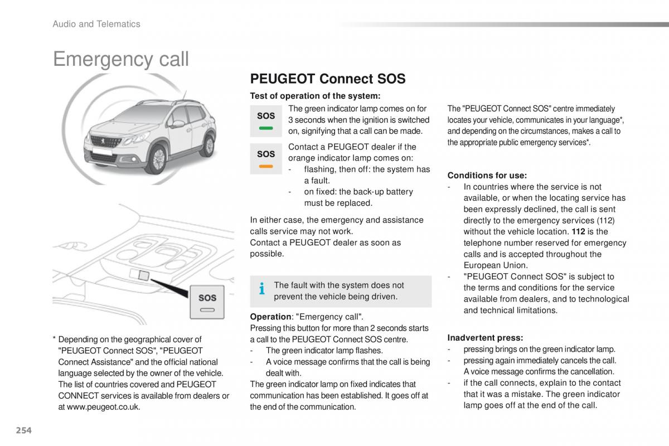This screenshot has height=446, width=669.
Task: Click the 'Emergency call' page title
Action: [x=121, y=59]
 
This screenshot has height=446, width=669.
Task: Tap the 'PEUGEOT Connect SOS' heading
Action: [x=328, y=79]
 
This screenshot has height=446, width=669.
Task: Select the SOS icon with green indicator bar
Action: [x=266, y=120]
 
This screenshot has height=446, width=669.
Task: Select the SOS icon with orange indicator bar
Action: [x=266, y=158]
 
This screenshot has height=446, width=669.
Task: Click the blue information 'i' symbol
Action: [x=262, y=289]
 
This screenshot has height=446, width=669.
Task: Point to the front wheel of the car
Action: [x=158, y=158]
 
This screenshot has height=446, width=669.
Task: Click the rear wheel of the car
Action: [x=207, y=144]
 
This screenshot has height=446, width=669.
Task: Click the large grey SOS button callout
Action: [x=207, y=302]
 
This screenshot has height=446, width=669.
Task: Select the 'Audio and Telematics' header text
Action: [x=96, y=24]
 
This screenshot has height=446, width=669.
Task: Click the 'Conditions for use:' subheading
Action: [x=487, y=175]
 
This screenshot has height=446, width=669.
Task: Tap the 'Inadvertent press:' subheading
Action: [x=485, y=337]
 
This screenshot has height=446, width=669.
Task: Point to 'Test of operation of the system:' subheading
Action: [x=315, y=96]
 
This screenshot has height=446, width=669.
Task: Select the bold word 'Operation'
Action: [x=270, y=317]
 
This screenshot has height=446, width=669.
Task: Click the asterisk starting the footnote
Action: [x=55, y=339]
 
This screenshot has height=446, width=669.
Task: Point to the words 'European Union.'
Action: [x=496, y=265]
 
